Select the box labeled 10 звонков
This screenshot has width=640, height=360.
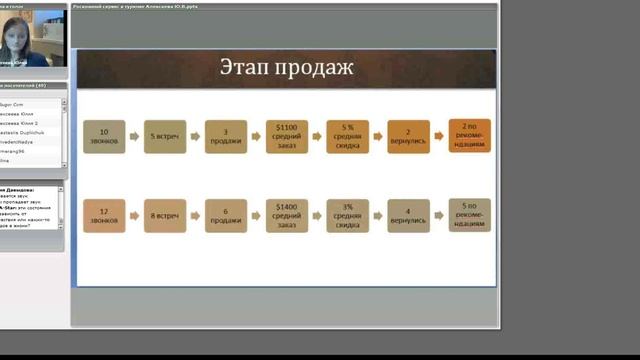pos(103,137)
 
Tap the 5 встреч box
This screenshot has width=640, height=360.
pos(164,137)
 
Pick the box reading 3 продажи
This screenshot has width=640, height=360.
pos(225,137)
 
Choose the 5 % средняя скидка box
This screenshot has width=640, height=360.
pos(347,137)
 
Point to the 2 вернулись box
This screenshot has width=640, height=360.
pos(408,137)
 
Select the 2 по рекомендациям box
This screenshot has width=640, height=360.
pos(469,137)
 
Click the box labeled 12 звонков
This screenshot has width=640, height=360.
pos(103,216)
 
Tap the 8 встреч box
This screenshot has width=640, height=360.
pos(164,216)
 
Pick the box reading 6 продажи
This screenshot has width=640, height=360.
pos(225,216)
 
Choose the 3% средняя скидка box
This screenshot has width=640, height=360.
pos(347,216)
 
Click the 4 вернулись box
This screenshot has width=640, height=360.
pos(408,216)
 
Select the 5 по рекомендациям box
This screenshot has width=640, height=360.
pos(469,216)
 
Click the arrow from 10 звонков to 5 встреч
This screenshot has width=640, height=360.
pos(133,137)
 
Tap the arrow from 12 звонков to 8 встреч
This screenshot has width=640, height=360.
pos(133,216)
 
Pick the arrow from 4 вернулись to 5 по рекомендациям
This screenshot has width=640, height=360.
pos(438,216)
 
